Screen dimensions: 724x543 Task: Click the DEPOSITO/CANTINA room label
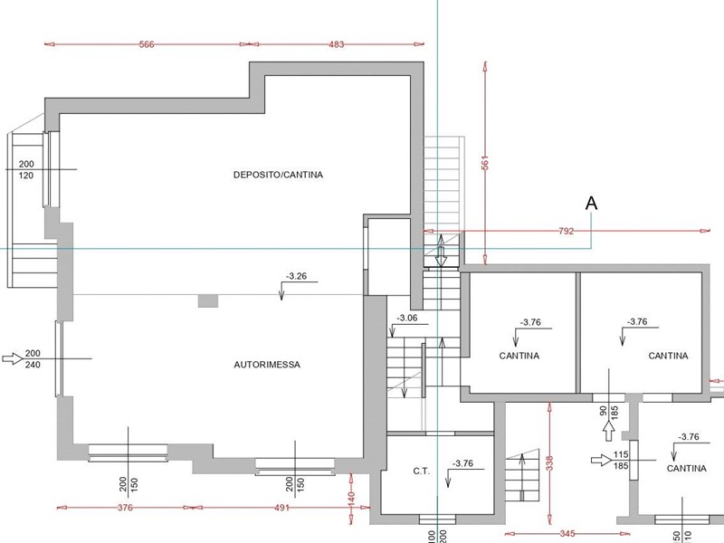tap(278, 175)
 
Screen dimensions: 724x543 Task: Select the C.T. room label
tap(421, 472)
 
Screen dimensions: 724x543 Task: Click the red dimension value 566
tap(147, 44)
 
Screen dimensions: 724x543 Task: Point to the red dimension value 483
tap(336, 44)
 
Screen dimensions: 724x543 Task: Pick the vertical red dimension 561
tap(485, 163)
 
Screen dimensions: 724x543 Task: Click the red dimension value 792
tap(567, 231)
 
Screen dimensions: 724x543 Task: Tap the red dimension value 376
tap(125, 508)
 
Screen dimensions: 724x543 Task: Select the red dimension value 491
tap(281, 508)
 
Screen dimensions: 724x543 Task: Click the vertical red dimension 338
tap(549, 463)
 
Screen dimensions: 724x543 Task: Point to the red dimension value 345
tap(567, 534)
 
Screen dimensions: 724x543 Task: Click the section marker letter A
tap(591, 203)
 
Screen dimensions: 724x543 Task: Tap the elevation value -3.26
tap(296, 276)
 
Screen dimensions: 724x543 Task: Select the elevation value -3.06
tap(407, 318)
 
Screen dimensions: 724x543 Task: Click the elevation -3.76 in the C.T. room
tap(462, 463)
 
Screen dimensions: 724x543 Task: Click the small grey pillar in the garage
tap(208, 301)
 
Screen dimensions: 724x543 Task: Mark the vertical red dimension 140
tap(351, 499)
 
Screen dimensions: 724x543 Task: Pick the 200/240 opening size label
tap(33, 358)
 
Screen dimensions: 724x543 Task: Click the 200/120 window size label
tap(26, 169)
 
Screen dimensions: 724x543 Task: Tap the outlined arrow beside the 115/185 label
tap(602, 460)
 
